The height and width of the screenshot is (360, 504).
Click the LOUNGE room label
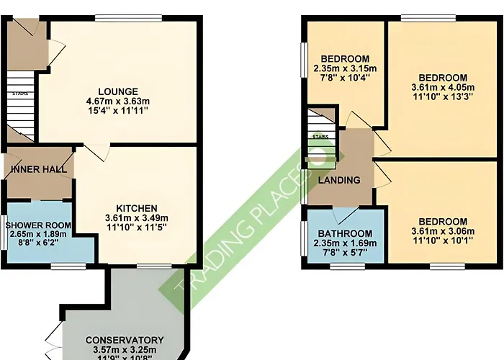[x=118, y=91]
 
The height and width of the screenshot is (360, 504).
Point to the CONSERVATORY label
[x=125, y=340]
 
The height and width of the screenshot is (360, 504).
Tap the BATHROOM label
[x=345, y=233]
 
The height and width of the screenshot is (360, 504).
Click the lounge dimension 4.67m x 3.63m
[x=118, y=102]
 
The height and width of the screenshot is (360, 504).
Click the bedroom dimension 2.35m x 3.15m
[x=345, y=69]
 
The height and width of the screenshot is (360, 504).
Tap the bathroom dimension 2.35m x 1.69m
[x=345, y=243]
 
